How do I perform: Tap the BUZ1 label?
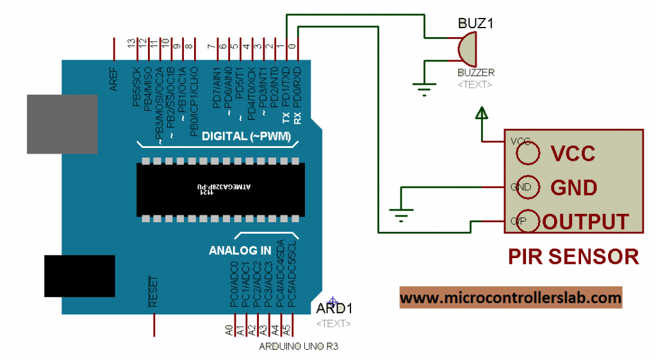pos(475,24)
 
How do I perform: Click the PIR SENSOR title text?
pos(573,256)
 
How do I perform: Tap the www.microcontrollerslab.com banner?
pos(511,298)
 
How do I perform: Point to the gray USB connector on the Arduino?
pos(61,124)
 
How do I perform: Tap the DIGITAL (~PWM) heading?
pos(246,136)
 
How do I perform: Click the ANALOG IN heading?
pos(240,250)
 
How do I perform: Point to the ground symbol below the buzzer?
pos(423,90)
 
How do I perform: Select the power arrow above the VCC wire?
pos(481,114)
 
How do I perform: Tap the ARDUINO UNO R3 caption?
pos(298,347)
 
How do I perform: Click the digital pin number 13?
pos(132,44)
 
